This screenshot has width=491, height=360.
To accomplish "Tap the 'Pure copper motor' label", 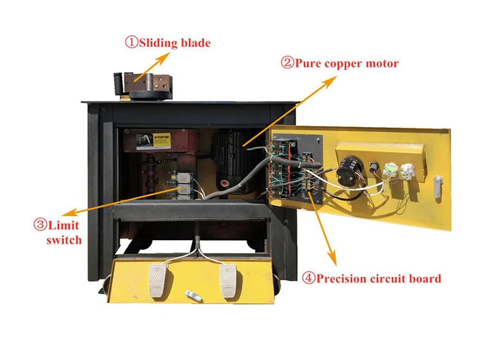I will point(347,63).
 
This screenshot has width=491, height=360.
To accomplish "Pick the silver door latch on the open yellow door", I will point(437,187).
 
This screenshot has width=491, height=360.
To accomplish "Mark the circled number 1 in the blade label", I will point(132,42).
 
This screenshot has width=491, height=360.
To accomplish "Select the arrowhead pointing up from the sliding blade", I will point(168,55).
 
